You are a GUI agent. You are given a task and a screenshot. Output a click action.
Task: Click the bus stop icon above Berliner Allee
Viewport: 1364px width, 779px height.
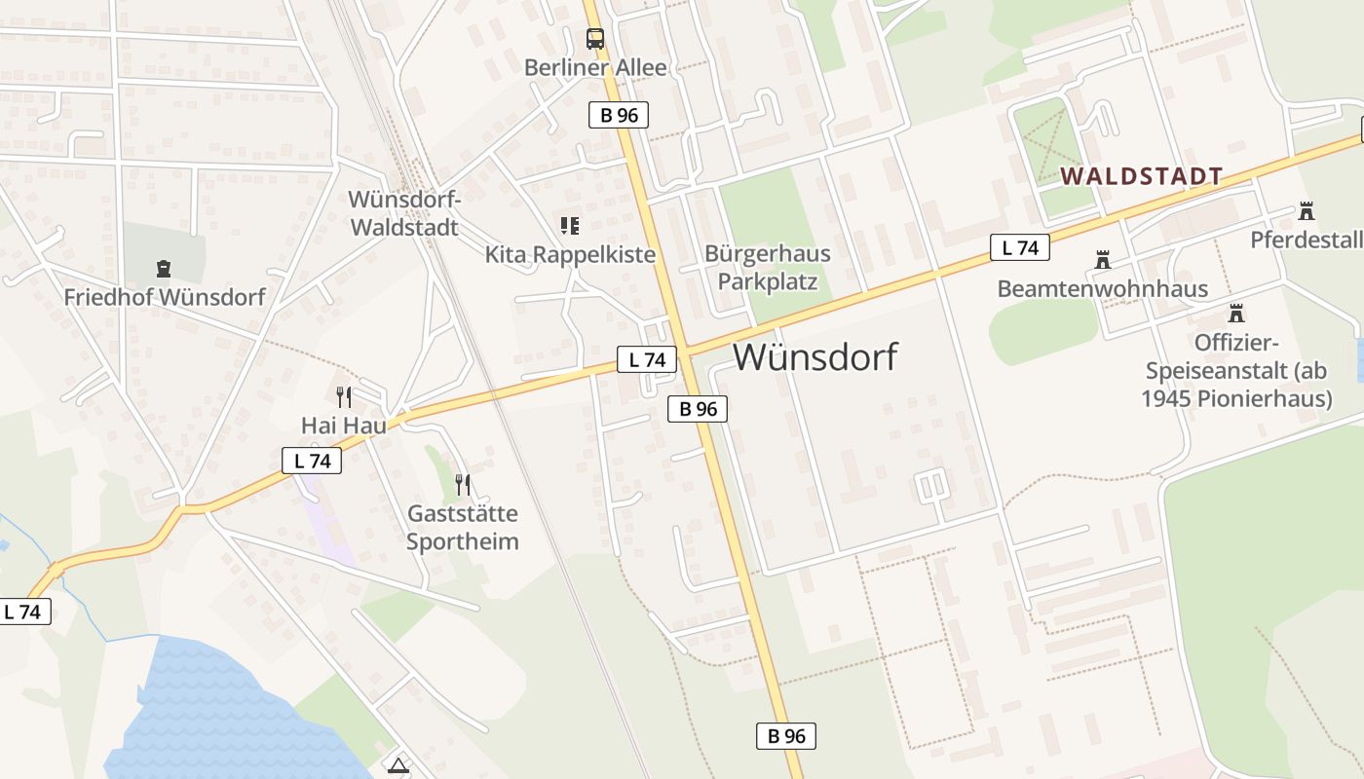pyautogui.click(x=594, y=39)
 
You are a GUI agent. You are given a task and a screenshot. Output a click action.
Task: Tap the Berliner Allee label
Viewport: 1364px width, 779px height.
pyautogui.click(x=595, y=67)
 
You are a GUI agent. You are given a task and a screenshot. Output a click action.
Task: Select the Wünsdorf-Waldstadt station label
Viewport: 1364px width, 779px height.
pyautogui.click(x=403, y=213)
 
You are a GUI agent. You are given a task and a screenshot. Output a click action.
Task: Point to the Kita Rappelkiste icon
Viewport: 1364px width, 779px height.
pyautogui.click(x=570, y=226)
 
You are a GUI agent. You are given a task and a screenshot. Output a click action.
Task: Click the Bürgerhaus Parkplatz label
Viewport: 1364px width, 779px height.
pyautogui.click(x=768, y=268)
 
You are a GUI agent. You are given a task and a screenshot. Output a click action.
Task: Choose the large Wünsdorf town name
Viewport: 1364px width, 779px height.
pyautogui.click(x=815, y=357)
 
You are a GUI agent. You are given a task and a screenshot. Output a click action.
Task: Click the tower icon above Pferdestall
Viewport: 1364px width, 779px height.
pyautogui.click(x=1306, y=211)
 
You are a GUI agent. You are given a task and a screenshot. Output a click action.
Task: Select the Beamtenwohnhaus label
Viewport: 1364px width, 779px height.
pyautogui.click(x=1102, y=289)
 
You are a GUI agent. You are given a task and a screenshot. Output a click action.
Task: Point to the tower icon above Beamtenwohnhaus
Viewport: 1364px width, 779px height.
pyautogui.click(x=1102, y=260)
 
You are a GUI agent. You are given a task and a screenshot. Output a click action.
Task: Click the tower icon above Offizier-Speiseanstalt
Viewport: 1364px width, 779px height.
pyautogui.click(x=1236, y=314)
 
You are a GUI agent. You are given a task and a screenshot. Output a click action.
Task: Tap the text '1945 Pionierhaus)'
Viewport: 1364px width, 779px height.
pyautogui.click(x=1236, y=398)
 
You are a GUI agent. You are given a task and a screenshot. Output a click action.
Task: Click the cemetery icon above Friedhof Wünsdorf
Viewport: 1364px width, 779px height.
pyautogui.click(x=164, y=268)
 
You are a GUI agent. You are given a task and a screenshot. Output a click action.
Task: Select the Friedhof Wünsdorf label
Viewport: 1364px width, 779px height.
pyautogui.click(x=165, y=297)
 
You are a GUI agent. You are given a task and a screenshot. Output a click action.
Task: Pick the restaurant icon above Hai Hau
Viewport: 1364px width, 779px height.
pyautogui.click(x=343, y=396)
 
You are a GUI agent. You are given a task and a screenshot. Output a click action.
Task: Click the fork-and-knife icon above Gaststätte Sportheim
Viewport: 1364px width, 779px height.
pyautogui.click(x=463, y=484)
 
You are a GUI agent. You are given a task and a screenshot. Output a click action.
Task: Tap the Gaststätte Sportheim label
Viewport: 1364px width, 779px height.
pyautogui.click(x=463, y=527)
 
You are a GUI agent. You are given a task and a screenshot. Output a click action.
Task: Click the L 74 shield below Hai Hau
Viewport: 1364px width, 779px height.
pyautogui.click(x=312, y=461)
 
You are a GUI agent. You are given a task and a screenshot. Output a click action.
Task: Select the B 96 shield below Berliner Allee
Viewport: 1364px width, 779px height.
pyautogui.click(x=619, y=115)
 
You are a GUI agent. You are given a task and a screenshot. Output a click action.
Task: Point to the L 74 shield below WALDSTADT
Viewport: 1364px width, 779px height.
pyautogui.click(x=1020, y=247)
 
